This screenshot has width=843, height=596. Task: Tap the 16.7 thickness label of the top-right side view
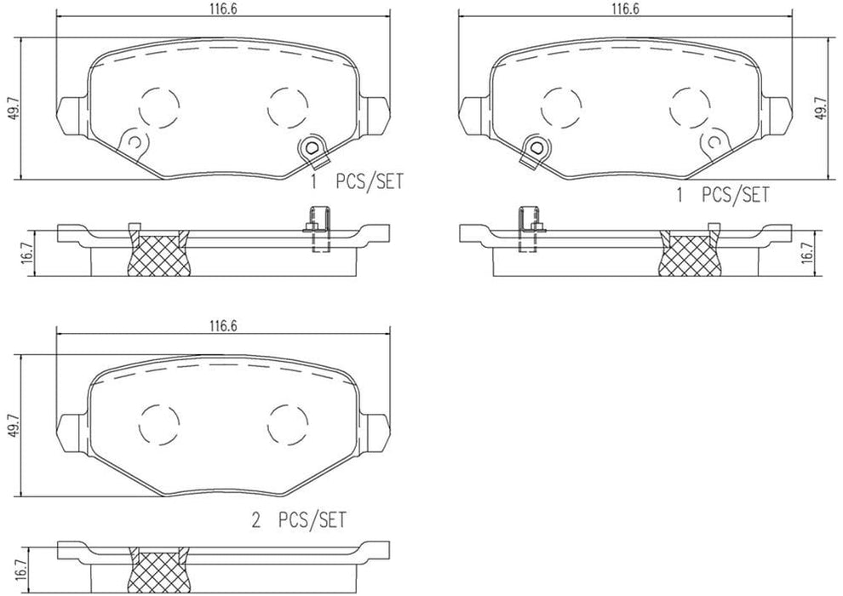820,253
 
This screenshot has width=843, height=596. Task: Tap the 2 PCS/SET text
299,518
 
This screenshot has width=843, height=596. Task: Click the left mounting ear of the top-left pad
71,114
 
